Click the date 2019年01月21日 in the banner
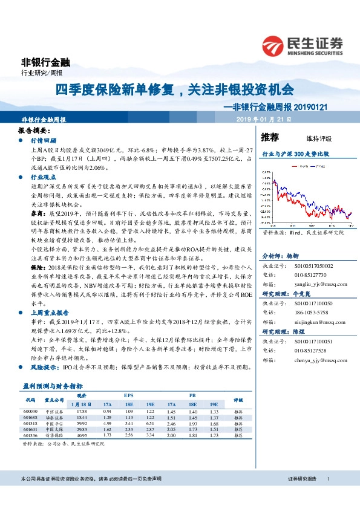(264, 120)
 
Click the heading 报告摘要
(33, 130)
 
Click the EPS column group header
(128, 395)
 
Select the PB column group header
(192, 395)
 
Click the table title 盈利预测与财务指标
(52, 385)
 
